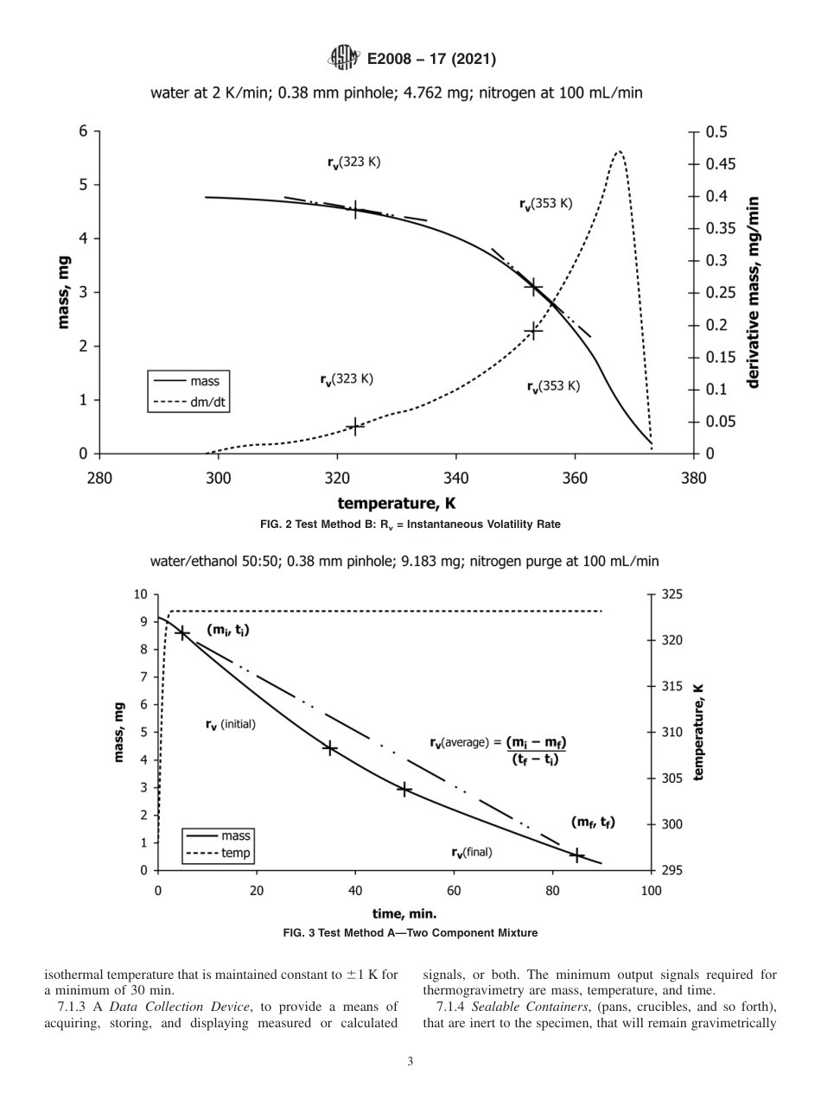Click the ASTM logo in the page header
point(343,59)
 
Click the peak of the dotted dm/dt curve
point(618,152)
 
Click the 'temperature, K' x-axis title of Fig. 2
point(397,503)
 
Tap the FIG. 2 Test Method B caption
point(410,524)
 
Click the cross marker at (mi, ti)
point(182,633)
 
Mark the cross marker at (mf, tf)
point(576,855)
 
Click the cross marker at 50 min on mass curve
point(404,789)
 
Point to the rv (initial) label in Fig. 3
point(230,725)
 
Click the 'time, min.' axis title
point(404,912)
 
